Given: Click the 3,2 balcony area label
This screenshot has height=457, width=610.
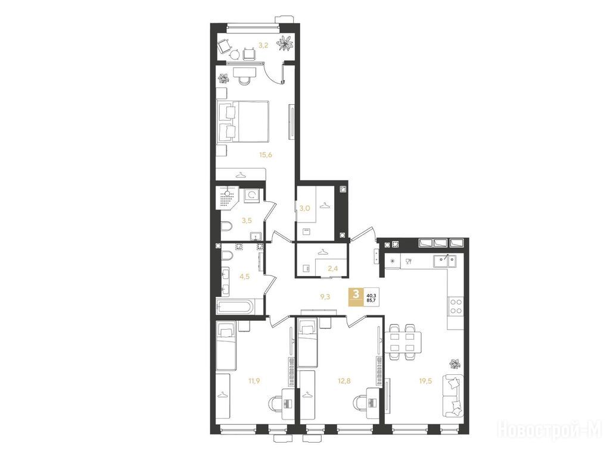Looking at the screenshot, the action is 263,45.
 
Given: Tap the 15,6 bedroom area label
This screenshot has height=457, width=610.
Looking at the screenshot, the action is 265,155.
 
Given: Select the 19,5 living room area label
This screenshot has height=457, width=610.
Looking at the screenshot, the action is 425,381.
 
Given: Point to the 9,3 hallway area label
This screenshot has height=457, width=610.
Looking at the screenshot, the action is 325,297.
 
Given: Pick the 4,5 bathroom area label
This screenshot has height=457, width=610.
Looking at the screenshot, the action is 244,277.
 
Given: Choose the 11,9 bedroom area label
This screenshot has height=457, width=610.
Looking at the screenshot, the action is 254,381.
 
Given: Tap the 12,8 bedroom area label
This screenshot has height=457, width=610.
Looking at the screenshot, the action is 344,381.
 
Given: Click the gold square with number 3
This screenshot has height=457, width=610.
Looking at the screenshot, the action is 356,298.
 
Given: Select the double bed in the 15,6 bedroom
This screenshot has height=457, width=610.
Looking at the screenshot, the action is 243,121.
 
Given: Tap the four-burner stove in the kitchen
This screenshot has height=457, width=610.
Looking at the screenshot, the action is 456,306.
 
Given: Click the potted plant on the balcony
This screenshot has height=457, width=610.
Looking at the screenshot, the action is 286,42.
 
